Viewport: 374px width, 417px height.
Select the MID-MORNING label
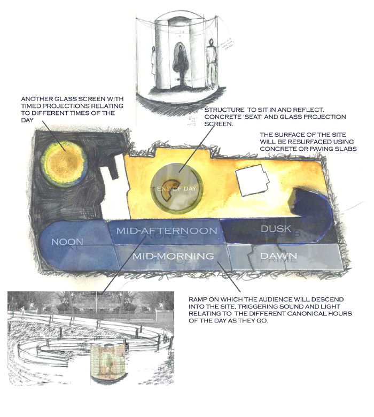click(173, 257)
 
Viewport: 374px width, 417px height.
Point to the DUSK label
click(276, 229)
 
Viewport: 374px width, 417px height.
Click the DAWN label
click(278, 257)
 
